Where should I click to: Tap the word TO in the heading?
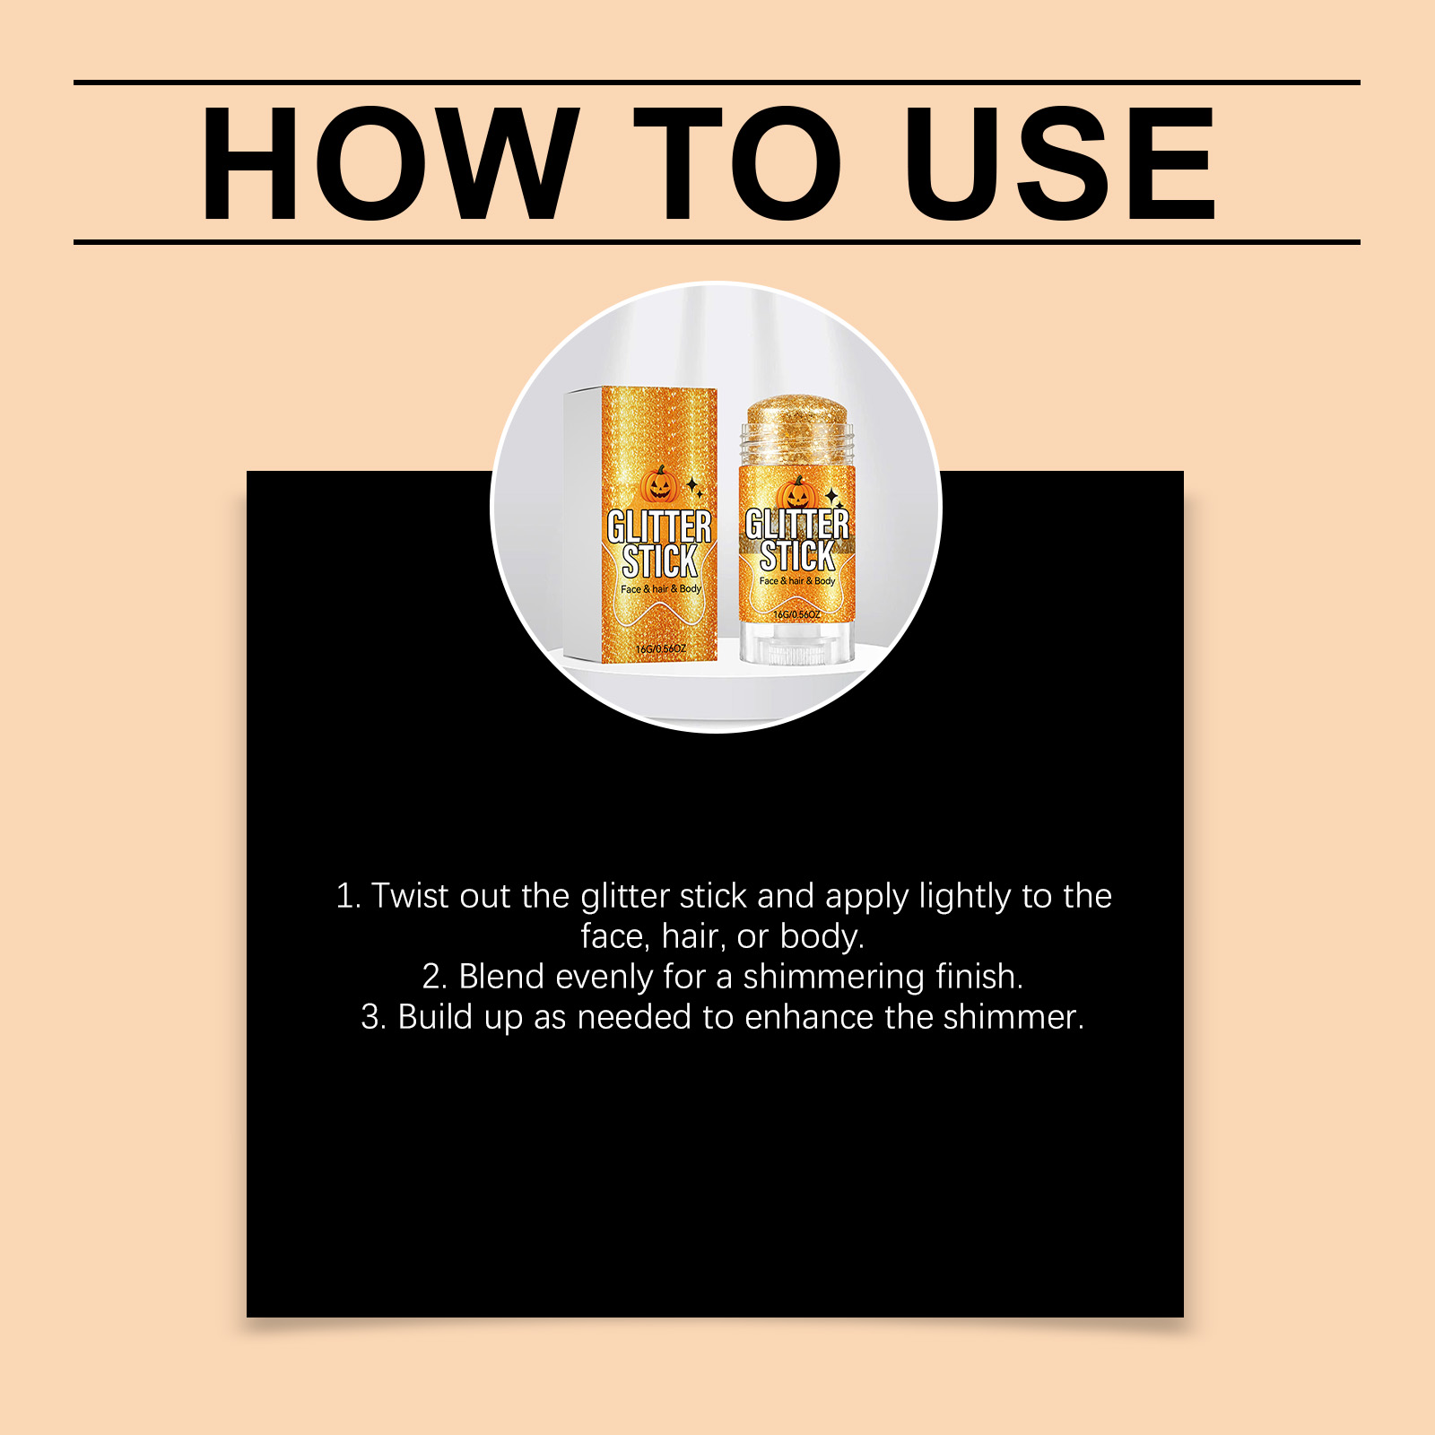click(x=737, y=163)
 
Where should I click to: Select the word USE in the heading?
click(x=1060, y=163)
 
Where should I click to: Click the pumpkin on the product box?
click(x=659, y=484)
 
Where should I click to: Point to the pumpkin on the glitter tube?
click(x=796, y=493)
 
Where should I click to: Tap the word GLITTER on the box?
click(x=659, y=526)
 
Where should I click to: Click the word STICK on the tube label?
click(x=796, y=556)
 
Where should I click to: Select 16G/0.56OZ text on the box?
click(x=661, y=648)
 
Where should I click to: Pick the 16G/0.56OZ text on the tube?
click(x=796, y=614)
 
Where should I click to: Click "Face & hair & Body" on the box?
click(x=661, y=589)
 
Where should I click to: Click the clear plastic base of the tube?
click(x=796, y=642)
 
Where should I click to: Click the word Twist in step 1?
click(x=409, y=896)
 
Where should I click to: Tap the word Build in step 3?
click(x=436, y=1017)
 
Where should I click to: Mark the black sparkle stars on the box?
click(x=694, y=487)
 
